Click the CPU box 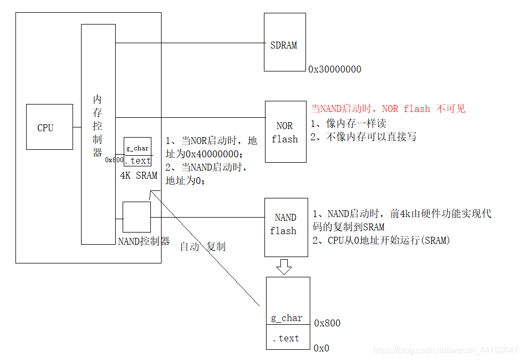click(x=49, y=127)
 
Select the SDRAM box click(x=285, y=43)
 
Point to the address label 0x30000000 click(x=334, y=69)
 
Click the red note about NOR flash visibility click(x=388, y=109)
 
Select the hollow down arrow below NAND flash click(x=284, y=267)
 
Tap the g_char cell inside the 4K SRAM click(x=138, y=147)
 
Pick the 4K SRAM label click(x=139, y=175)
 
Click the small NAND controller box click(x=136, y=217)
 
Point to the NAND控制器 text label click(x=143, y=241)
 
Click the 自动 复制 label click(x=203, y=246)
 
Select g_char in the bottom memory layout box click(x=287, y=318)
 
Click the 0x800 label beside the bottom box click(x=327, y=323)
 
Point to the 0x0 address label click(x=321, y=348)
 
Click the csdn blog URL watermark click(x=445, y=350)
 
